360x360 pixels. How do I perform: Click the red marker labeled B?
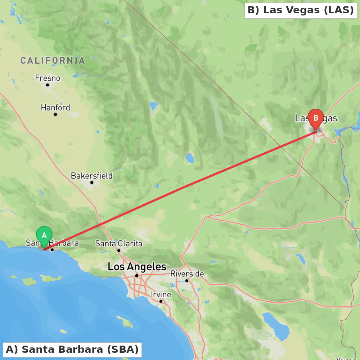(x=316, y=118)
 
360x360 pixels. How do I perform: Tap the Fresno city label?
(x=48, y=78)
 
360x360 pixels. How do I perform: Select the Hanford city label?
(x=55, y=108)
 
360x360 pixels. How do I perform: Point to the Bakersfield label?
(x=91, y=176)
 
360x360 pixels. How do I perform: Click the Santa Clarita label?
(x=118, y=244)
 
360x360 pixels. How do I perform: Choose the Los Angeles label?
(x=137, y=267)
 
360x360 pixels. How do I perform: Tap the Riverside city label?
(x=187, y=274)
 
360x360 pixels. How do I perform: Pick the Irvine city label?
(x=161, y=294)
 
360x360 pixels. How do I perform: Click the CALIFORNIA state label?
(x=53, y=60)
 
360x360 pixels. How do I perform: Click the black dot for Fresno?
(x=48, y=85)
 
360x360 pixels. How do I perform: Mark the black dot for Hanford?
(x=55, y=114)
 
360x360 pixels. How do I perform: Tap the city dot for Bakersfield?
(x=92, y=183)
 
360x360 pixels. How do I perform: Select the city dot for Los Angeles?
(x=137, y=276)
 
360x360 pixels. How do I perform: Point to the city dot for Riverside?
(x=187, y=281)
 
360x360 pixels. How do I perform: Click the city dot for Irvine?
(x=161, y=301)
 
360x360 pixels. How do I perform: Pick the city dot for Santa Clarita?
(x=119, y=250)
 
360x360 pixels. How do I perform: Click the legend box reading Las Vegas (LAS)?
(x=301, y=10)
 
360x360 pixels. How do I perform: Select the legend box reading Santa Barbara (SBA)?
(x=72, y=350)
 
